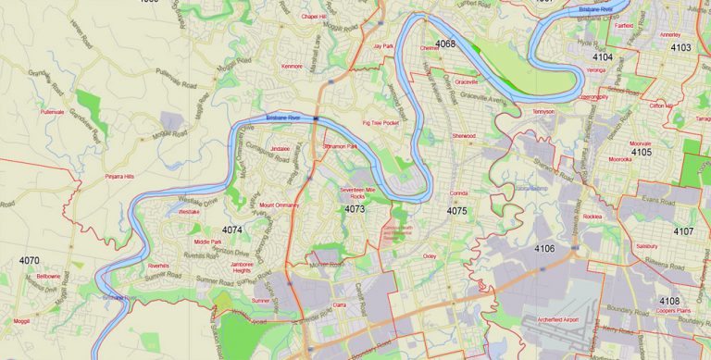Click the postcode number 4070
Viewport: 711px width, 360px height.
(x=30, y=262)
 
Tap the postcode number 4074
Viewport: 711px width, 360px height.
(x=232, y=230)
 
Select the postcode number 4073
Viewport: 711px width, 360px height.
(x=354, y=209)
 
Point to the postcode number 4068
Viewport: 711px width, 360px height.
(x=445, y=43)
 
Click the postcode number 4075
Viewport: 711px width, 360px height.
(x=456, y=211)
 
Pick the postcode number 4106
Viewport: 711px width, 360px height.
(x=544, y=249)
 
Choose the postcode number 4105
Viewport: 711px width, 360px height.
(x=642, y=152)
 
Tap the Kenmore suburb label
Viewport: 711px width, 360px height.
(x=292, y=67)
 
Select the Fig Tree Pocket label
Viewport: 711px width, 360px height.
(x=380, y=122)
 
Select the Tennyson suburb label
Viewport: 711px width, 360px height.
(x=543, y=111)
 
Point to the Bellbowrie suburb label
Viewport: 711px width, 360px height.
(x=48, y=277)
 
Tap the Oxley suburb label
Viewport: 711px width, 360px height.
(x=430, y=254)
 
